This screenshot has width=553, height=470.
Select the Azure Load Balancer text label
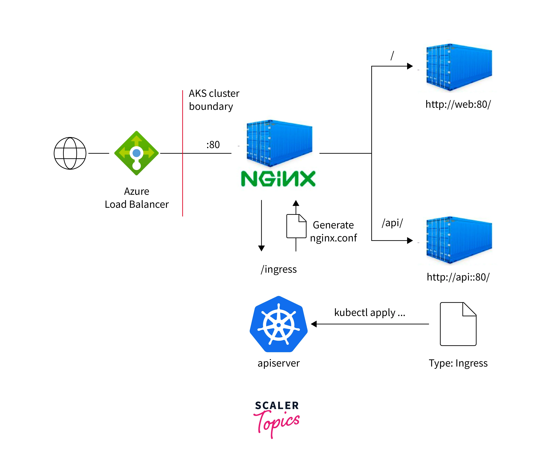(x=136, y=198)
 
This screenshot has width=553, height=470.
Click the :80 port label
(x=213, y=145)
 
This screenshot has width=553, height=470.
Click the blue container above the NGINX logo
(x=279, y=143)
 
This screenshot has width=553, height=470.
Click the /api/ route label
(x=392, y=223)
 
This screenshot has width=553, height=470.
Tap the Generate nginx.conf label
(x=333, y=231)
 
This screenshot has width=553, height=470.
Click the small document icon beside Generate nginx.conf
(x=296, y=226)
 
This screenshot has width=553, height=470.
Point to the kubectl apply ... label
(x=370, y=313)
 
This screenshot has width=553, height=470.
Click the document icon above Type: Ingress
(x=458, y=324)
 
